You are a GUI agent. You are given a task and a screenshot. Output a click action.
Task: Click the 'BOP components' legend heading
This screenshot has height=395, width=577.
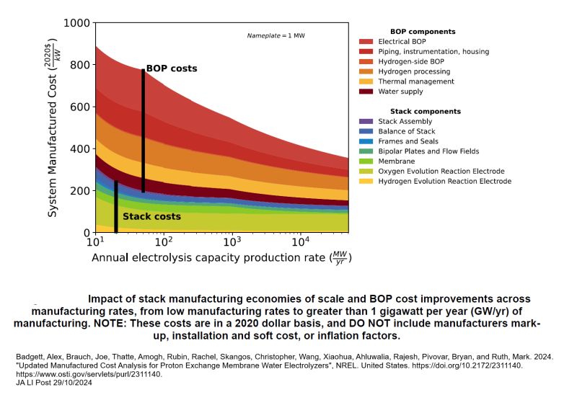[423, 32]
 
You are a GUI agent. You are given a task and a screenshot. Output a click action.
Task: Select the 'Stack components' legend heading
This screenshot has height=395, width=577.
[425, 112]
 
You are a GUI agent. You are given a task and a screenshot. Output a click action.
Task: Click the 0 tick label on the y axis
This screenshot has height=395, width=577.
[86, 233]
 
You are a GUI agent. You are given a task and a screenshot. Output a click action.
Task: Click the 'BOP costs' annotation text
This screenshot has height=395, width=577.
[172, 69]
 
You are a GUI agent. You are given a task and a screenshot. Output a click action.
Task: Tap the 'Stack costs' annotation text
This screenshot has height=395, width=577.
[151, 216]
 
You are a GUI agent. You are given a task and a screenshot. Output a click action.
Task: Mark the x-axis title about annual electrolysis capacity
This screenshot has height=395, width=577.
[221, 257]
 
